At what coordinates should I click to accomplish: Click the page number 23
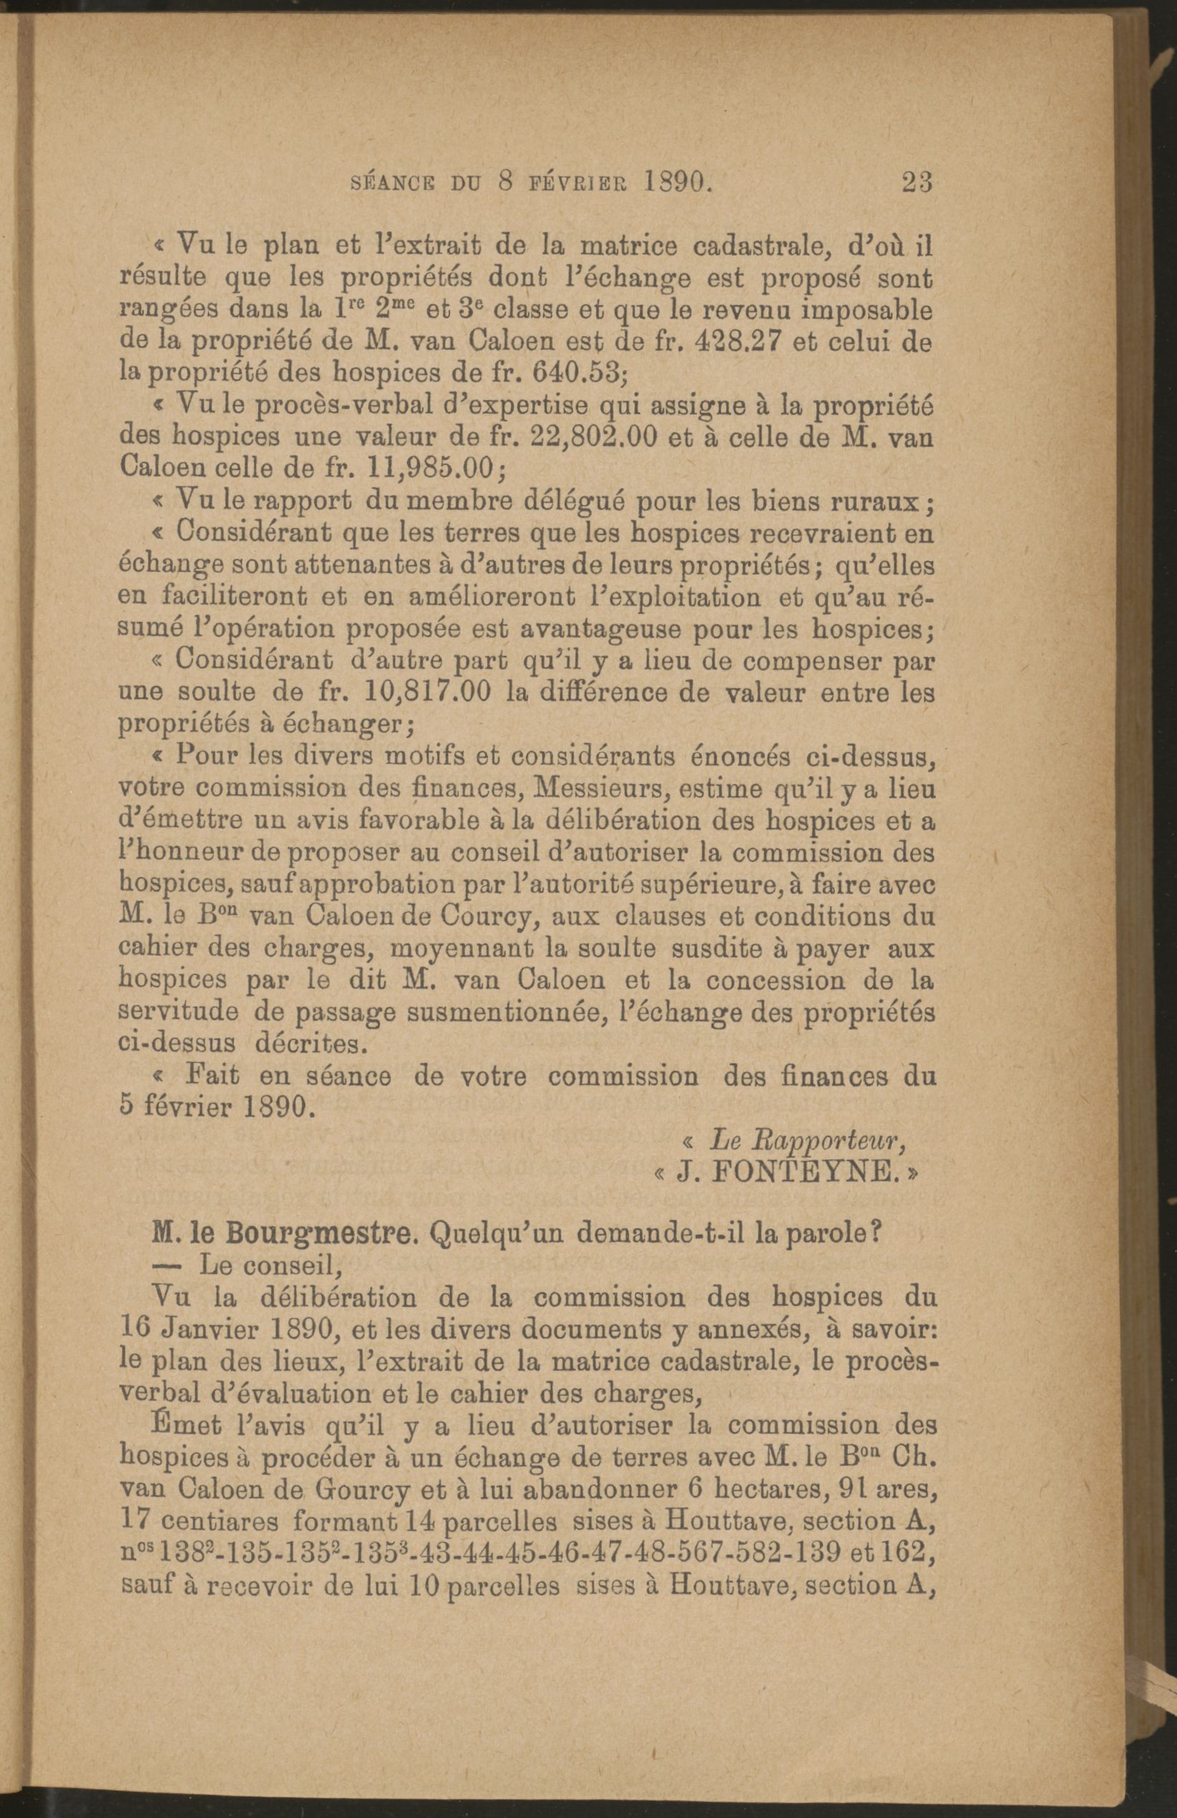point(917,184)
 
